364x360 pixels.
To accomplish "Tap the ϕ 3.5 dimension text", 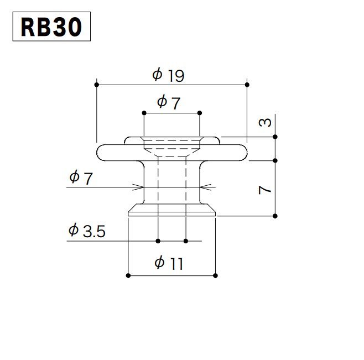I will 86,231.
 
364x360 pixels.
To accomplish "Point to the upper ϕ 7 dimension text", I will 169,102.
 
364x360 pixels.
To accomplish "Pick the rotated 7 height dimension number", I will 266,190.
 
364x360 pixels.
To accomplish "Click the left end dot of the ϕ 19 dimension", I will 97,85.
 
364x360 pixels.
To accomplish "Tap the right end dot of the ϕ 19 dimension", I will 246,85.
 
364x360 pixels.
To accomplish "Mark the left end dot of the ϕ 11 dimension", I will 128,275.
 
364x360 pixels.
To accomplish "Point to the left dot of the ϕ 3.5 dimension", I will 158,241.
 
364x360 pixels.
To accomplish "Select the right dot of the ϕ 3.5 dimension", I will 186,241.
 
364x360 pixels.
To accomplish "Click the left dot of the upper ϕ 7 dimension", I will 144,113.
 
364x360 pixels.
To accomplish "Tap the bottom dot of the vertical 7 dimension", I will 275,215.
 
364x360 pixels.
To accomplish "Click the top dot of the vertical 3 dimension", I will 275,137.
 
